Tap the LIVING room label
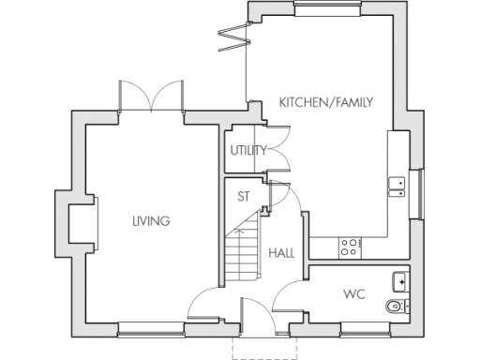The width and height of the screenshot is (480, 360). pos(151,221)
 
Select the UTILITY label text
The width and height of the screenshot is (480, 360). pos(247,150)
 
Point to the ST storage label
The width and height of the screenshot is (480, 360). pos(243,197)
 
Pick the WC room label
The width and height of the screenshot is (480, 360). pos(353,295)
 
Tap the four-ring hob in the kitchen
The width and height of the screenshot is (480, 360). pos(351,247)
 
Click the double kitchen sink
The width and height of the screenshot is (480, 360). pos(397,184)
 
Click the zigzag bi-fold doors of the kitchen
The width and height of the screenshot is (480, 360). pos(232,34)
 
